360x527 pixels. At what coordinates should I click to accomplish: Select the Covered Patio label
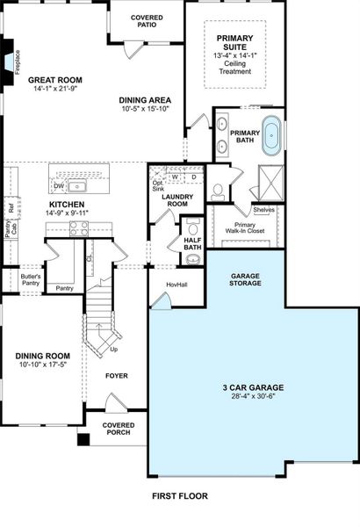click(x=147, y=21)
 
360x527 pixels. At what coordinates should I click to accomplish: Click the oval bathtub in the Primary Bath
click(x=272, y=136)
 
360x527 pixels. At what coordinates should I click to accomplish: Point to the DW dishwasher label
click(x=58, y=186)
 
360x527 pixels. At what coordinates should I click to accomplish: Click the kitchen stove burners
click(x=78, y=227)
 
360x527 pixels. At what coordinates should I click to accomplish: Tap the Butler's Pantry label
click(x=31, y=280)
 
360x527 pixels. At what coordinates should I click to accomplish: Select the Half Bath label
click(x=193, y=243)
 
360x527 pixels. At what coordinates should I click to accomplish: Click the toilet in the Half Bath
click(x=194, y=259)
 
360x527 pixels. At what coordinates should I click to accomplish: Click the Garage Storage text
click(x=245, y=279)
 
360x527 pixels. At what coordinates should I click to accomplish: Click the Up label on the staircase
click(x=112, y=349)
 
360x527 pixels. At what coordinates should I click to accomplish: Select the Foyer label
click(x=117, y=375)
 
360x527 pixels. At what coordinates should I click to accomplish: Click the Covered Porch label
click(x=119, y=429)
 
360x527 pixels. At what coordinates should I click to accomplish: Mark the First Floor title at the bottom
click(x=180, y=496)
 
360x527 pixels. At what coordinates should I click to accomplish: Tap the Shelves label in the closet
click(x=263, y=210)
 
